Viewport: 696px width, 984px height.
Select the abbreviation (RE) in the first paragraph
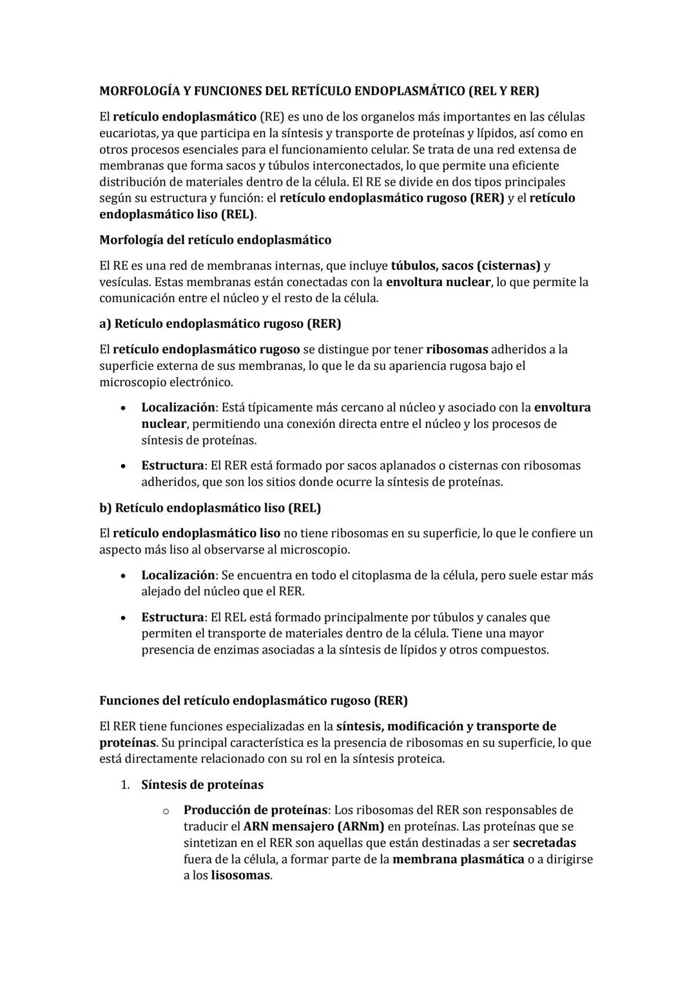[271, 117]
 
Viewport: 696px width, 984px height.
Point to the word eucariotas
[128, 133]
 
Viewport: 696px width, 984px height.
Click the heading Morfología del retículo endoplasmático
[215, 240]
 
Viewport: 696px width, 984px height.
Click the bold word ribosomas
[457, 349]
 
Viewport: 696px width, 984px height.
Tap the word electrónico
[200, 382]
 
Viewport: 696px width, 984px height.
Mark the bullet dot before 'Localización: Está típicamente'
[122, 408]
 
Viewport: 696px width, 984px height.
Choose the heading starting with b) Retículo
[209, 508]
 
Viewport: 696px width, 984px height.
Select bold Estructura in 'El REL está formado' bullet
[172, 617]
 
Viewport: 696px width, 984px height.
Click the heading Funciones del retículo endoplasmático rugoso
[253, 700]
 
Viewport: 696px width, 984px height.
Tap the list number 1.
[126, 785]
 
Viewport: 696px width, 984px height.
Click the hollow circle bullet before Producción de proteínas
[166, 811]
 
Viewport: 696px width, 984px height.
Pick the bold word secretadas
[544, 843]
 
